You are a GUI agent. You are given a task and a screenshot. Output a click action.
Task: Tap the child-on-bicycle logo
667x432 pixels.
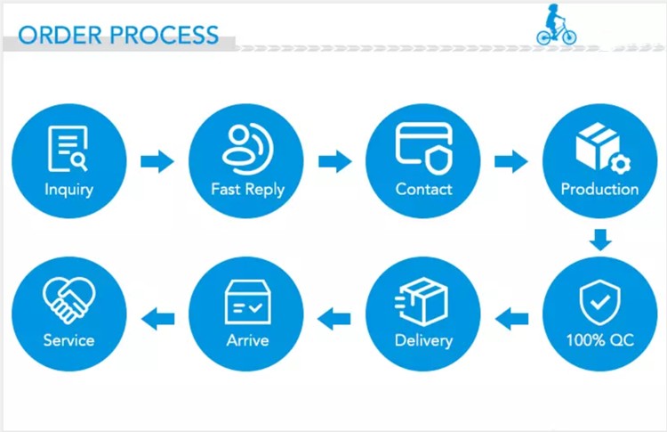pyautogui.click(x=556, y=26)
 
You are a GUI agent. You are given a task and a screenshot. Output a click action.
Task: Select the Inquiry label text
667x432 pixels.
pyautogui.click(x=68, y=189)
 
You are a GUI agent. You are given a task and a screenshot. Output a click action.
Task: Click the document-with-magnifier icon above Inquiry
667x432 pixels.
pyautogui.click(x=68, y=148)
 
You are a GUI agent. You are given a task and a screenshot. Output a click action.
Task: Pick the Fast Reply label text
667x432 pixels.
pyautogui.click(x=247, y=189)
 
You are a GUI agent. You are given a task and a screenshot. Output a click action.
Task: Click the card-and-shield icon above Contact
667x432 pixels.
pyautogui.click(x=424, y=147)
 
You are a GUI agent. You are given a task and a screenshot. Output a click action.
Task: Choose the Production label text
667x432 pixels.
pyautogui.click(x=599, y=189)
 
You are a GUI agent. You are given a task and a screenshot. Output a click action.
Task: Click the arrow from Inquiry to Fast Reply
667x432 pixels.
pyautogui.click(x=157, y=161)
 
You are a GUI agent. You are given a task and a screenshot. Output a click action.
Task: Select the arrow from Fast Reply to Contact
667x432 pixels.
pyautogui.click(x=335, y=161)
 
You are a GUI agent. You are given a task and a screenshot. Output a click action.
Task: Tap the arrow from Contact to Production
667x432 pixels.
pyautogui.click(x=511, y=161)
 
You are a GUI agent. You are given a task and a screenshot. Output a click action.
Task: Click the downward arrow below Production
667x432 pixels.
pyautogui.click(x=601, y=240)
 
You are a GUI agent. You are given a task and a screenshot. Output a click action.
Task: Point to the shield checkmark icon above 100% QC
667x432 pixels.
pyautogui.click(x=600, y=302)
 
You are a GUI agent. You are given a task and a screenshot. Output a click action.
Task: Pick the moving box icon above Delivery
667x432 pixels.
pyautogui.click(x=423, y=300)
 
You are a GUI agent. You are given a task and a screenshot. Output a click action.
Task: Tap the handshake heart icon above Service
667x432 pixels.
pyautogui.click(x=68, y=299)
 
